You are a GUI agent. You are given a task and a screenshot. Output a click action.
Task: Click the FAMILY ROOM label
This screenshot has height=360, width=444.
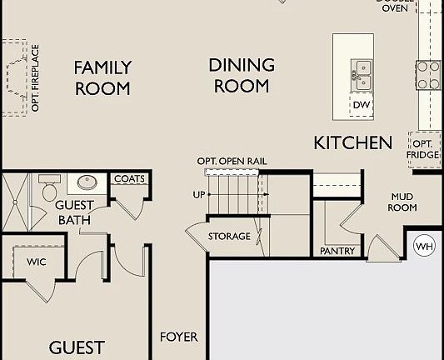(x=102, y=77)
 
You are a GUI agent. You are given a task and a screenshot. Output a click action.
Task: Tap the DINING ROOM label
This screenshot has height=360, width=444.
(x=242, y=75)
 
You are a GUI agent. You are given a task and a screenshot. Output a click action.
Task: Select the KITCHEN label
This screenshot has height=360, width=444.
(x=352, y=142)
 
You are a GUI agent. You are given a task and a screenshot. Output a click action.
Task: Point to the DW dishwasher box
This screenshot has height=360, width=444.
(x=361, y=105)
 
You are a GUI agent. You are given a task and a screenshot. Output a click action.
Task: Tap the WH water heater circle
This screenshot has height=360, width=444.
(x=425, y=247)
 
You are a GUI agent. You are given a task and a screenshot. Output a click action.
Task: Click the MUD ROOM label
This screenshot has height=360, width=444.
(x=403, y=202)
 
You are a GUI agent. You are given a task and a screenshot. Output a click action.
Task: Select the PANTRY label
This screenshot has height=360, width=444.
(x=337, y=251)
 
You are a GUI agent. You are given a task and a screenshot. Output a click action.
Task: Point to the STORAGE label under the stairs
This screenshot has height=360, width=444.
(x=229, y=237)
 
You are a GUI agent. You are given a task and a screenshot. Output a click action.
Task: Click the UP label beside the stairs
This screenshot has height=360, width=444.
(x=197, y=193)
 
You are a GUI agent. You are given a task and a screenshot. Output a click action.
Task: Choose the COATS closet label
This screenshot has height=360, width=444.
(x=129, y=179)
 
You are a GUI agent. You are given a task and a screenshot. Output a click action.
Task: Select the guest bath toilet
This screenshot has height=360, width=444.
(x=49, y=188)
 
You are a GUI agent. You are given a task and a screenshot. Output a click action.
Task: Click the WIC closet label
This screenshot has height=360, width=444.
(x=37, y=261)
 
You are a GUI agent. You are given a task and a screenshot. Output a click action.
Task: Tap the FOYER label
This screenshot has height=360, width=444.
(x=179, y=337)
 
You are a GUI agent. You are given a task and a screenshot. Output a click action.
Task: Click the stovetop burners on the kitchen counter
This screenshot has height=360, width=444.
(x=428, y=75)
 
